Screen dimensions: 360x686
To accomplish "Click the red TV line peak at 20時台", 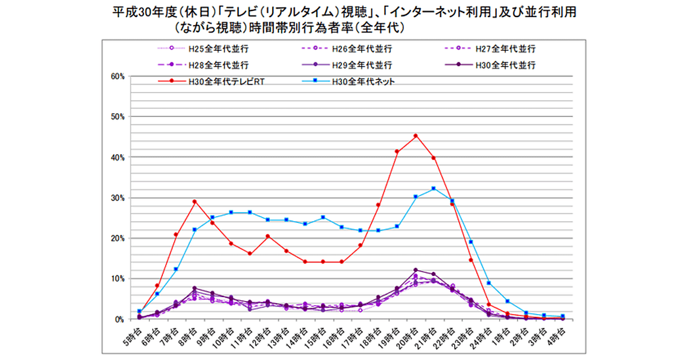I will point(416,136).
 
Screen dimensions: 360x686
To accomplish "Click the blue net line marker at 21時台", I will point(433,189).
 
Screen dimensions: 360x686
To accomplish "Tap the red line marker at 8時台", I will point(194,201).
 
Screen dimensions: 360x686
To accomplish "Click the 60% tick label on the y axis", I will point(119,76).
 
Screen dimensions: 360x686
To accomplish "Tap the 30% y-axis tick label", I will point(119,198).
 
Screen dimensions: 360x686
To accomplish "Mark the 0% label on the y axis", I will point(121,319).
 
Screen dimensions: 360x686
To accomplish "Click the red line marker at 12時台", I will point(268,236).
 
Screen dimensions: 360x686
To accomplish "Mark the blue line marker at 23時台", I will point(470,242).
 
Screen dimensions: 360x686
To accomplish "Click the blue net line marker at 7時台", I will point(176,269).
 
